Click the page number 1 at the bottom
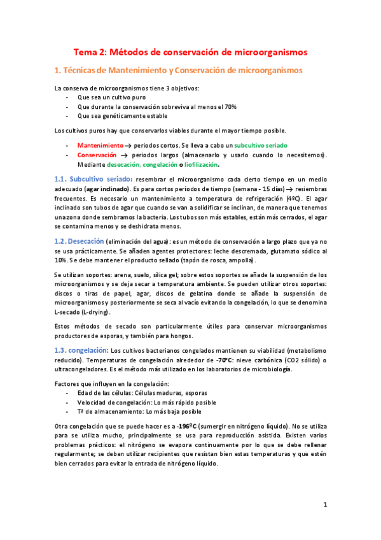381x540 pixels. coord(325,505)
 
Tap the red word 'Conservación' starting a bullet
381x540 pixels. coord(97,155)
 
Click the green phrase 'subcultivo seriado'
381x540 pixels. coord(261,145)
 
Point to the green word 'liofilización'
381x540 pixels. coord(194,164)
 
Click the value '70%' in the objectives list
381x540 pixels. coord(230,106)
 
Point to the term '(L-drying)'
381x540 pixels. coord(92,313)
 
